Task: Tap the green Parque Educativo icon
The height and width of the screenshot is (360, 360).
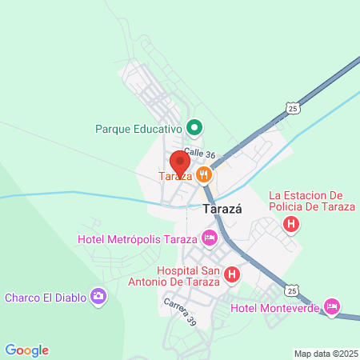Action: click(x=194, y=127)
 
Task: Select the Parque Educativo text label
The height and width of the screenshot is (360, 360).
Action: click(x=139, y=128)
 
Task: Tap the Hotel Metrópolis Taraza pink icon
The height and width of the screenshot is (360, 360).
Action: click(x=210, y=238)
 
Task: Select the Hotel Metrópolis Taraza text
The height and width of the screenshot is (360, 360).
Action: click(x=138, y=238)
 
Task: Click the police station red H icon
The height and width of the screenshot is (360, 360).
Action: click(x=292, y=226)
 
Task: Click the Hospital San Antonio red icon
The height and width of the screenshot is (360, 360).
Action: click(x=232, y=275)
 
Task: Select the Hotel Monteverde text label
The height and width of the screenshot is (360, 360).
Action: click(x=275, y=308)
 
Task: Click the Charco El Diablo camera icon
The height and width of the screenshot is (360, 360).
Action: click(x=98, y=298)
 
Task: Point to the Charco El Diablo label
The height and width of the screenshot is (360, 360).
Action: click(x=46, y=298)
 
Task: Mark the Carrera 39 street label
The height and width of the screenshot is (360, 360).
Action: click(x=180, y=311)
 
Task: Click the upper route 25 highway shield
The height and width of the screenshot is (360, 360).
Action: click(x=294, y=107)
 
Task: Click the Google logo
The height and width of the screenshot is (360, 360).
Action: click(x=26, y=350)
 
